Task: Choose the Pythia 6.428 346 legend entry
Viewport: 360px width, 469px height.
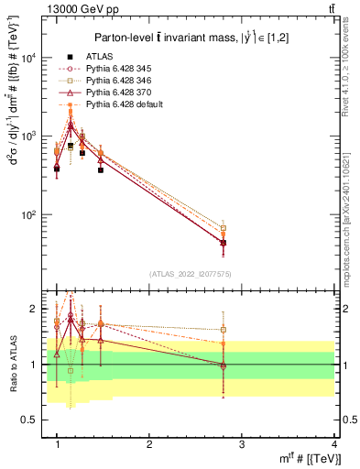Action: (117, 81)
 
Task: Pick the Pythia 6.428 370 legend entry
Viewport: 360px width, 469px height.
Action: (117, 93)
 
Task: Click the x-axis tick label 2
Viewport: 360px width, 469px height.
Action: (148, 444)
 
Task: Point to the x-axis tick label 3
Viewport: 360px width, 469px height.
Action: (241, 444)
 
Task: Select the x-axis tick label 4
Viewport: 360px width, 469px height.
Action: (333, 444)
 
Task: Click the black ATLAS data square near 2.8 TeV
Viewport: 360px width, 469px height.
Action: (224, 243)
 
